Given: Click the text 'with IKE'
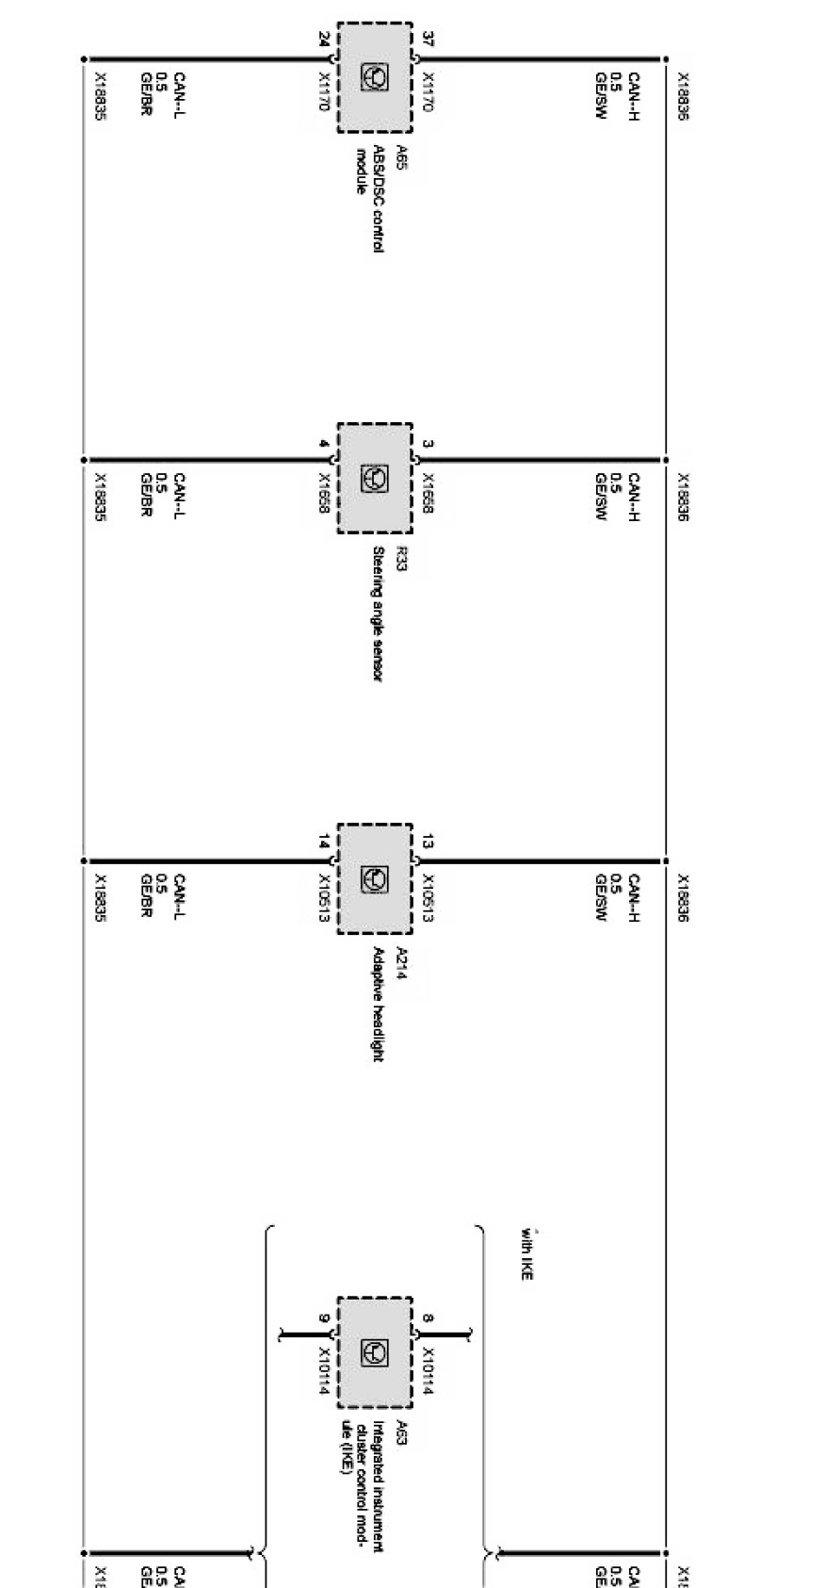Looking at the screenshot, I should pos(528,1254).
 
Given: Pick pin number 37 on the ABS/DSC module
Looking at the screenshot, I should pos(429,40).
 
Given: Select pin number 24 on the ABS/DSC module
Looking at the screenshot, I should pos(324,40).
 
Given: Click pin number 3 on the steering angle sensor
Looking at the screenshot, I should pos(429,444).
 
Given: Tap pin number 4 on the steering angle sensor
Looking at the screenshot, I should pos(324,444).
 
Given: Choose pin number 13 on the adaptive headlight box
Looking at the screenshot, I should pos(429,843).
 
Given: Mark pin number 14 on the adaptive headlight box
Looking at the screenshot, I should pos(324,843).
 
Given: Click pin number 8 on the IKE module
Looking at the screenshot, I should pos(429,1318).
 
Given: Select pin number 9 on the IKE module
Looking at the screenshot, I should pos(324,1318).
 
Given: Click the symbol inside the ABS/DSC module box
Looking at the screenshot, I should pos(375,77).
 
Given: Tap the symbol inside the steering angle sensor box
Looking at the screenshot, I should pos(375,479).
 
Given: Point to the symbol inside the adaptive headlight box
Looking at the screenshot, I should pos(375,879).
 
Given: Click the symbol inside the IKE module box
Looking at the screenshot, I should pos(375,1352).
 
